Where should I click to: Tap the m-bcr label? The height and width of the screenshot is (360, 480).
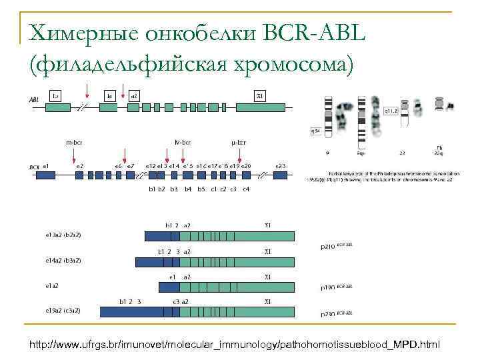point(73,142)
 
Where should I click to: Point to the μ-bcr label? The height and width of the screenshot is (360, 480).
point(237,142)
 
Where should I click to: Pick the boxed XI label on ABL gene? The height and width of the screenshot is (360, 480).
point(261,96)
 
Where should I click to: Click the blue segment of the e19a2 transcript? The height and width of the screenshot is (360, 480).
point(133,311)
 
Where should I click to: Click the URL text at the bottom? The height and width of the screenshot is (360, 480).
point(234,344)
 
